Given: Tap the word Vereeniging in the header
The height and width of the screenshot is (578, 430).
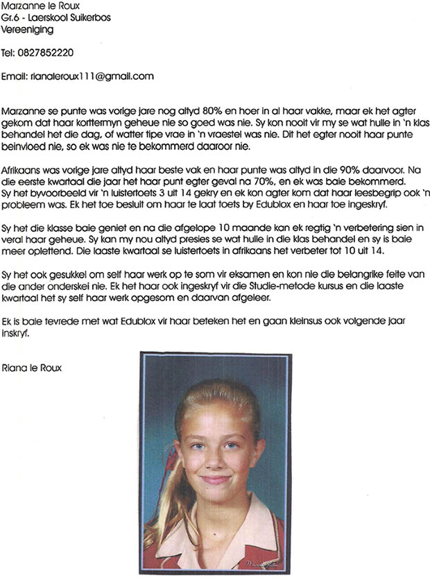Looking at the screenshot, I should coord(28,30).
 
